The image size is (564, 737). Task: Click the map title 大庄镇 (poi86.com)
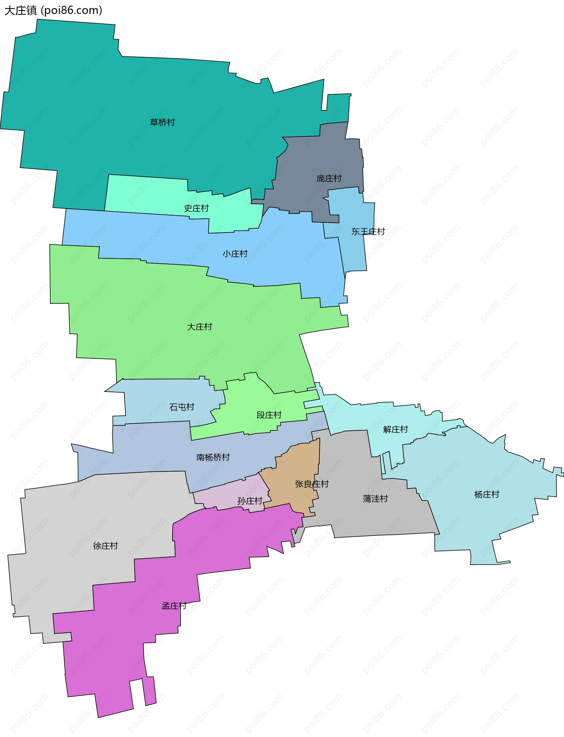pyautogui.click(x=53, y=10)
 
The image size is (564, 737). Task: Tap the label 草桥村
pyautogui.click(x=162, y=122)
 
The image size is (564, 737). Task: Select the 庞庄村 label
pyautogui.click(x=329, y=178)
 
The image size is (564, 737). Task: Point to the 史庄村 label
pyautogui.click(x=197, y=208)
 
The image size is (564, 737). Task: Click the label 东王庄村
pyautogui.click(x=368, y=232)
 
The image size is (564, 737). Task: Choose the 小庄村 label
pyautogui.click(x=235, y=254)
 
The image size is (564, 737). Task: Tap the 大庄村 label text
pyautogui.click(x=199, y=327)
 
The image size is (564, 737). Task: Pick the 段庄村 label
pyautogui.click(x=269, y=415)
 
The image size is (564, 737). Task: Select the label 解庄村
pyautogui.click(x=395, y=429)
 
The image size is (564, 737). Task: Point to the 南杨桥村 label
pyautogui.click(x=213, y=457)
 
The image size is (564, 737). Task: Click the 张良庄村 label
pyautogui.click(x=312, y=484)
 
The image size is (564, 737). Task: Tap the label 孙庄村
pyautogui.click(x=250, y=501)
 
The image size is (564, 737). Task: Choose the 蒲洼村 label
pyautogui.click(x=375, y=499)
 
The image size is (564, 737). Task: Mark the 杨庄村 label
pyautogui.click(x=486, y=495)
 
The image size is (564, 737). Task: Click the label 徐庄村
pyautogui.click(x=105, y=546)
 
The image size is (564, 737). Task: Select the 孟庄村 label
pyautogui.click(x=174, y=606)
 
